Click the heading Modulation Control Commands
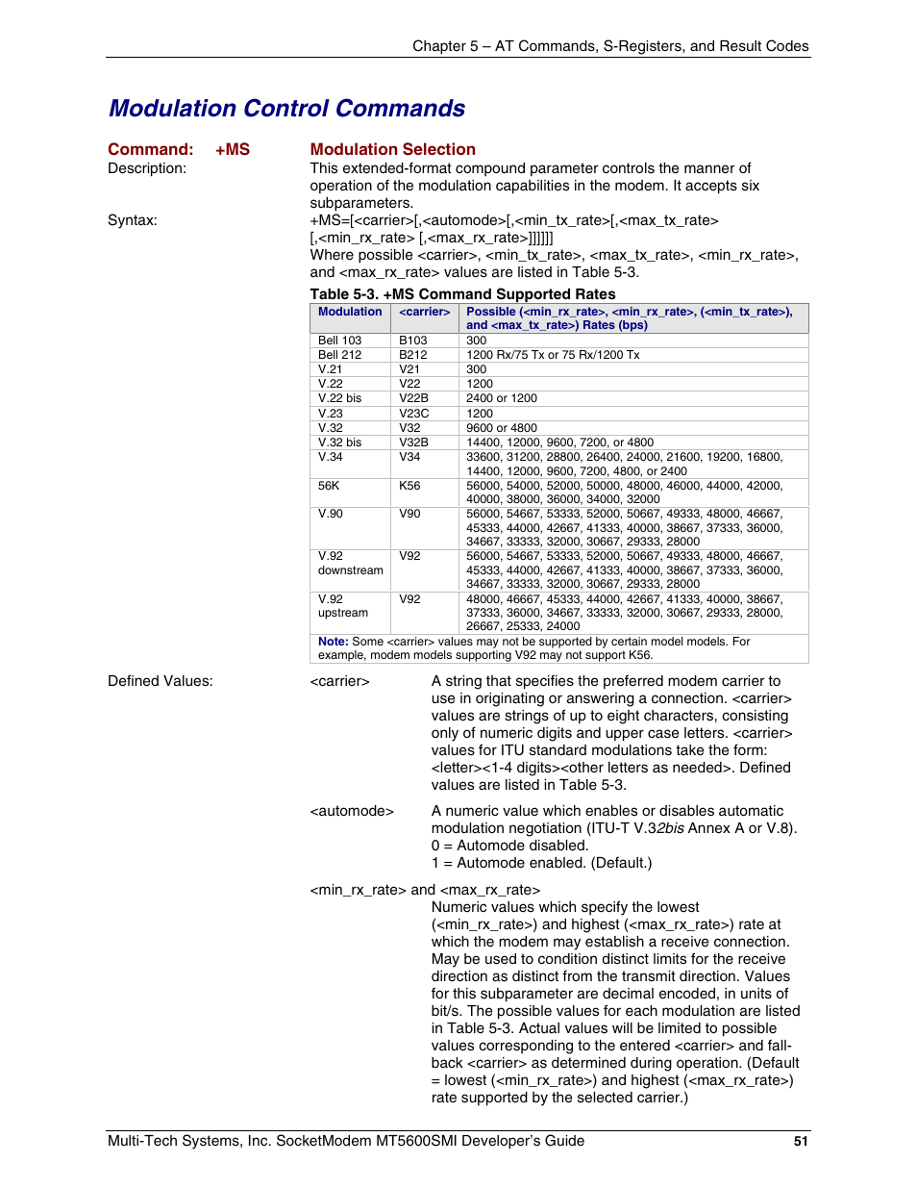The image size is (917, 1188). coord(286,109)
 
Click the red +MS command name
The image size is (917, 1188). coord(233,149)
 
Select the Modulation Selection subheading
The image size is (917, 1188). coord(392,149)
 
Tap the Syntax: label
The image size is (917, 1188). coord(133,220)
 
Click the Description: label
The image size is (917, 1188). coord(147,168)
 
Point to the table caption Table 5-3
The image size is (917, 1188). coord(462,294)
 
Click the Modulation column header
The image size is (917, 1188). coord(350,312)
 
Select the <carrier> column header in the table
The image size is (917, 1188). coord(425,312)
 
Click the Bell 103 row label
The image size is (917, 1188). coord(340,341)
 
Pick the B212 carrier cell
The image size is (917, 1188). coord(413,355)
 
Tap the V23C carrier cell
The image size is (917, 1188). coord(414,414)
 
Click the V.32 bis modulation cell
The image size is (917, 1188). coord(340,442)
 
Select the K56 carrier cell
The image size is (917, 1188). coord(410,486)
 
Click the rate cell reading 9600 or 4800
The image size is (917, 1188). coord(502,428)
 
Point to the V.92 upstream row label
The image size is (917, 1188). coord(343,606)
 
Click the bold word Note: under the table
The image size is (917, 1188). coord(333,642)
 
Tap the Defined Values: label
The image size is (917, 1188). coord(161,681)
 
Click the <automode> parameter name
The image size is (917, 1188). coord(352,811)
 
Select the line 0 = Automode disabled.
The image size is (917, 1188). coord(509,846)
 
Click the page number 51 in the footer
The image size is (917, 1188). coord(801,1142)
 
